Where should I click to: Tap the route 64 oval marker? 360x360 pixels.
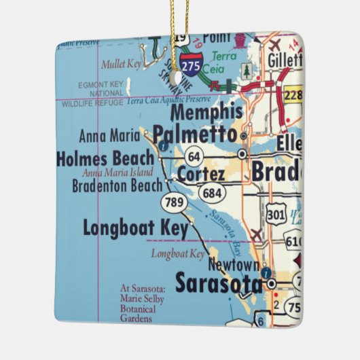click(194, 157)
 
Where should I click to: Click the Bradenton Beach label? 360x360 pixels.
click(117, 185)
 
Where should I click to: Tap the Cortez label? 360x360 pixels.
click(200, 175)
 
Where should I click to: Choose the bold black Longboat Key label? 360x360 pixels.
click(135, 228)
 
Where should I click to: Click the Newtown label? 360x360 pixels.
click(234, 264)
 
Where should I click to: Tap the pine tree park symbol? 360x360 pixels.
click(246, 69)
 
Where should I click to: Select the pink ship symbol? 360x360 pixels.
click(240, 39)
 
